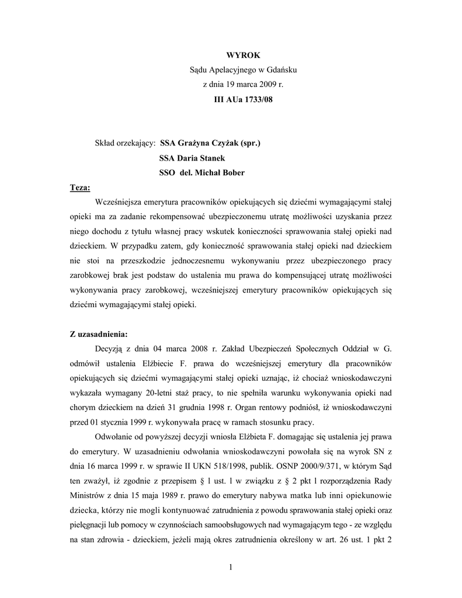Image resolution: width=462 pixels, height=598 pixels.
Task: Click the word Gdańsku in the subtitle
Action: click(283, 70)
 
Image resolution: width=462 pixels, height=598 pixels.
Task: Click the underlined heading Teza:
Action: click(80, 188)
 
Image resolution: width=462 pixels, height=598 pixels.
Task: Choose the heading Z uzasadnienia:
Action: click(98, 335)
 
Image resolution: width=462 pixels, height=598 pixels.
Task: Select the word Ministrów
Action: click(91, 482)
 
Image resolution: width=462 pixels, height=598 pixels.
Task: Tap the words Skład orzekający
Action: click(124, 143)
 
